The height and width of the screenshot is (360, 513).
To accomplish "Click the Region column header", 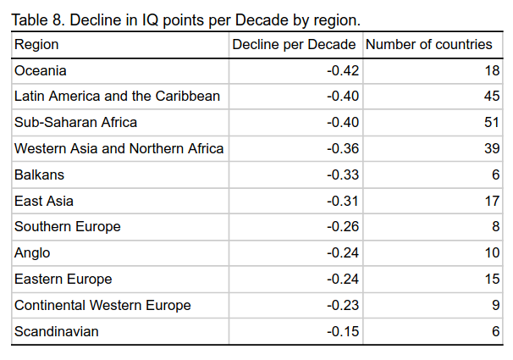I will click(36, 44).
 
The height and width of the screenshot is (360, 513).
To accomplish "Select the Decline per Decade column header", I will click(295, 44).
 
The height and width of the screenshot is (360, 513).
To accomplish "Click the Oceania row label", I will click(41, 70).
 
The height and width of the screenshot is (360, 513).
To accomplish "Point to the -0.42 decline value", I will click(343, 70).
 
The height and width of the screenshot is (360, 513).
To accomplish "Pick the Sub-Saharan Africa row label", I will click(75, 123).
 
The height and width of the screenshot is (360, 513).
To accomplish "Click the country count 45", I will click(492, 97).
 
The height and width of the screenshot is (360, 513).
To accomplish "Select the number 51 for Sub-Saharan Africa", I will click(492, 123).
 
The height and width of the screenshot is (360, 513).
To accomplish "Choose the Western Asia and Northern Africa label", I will click(119, 149).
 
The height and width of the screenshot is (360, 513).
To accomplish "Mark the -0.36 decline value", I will click(343, 149).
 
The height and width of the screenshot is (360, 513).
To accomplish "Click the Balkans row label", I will click(39, 175).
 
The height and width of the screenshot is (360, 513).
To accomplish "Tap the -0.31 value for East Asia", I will click(343, 202).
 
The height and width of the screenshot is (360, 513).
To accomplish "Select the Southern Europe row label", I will click(68, 227).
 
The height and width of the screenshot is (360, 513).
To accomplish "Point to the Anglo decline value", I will click(343, 253).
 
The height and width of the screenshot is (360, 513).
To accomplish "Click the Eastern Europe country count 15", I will click(492, 280).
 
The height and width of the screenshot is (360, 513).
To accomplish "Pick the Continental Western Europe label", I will click(102, 306).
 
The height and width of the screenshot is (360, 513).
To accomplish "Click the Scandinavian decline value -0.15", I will click(343, 332).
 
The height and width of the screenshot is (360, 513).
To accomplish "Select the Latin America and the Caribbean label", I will click(117, 97).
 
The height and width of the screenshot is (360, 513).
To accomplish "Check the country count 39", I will click(492, 149).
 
